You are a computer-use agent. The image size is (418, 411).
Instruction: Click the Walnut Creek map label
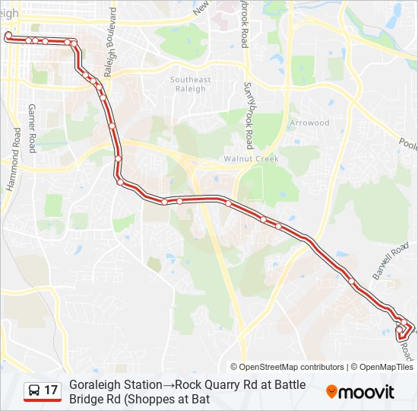click(x=251, y=159)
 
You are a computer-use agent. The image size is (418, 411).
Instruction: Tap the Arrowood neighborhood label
click(x=309, y=123)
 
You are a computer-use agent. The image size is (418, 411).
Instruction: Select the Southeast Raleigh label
click(x=190, y=84)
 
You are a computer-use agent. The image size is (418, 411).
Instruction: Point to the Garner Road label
click(x=32, y=127)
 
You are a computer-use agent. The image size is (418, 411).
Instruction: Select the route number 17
click(x=51, y=391)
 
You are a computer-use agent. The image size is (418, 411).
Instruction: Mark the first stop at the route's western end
click(x=8, y=36)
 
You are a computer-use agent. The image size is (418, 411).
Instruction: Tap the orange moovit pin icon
click(x=331, y=392)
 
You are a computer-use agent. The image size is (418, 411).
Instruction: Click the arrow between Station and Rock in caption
click(x=169, y=385)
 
